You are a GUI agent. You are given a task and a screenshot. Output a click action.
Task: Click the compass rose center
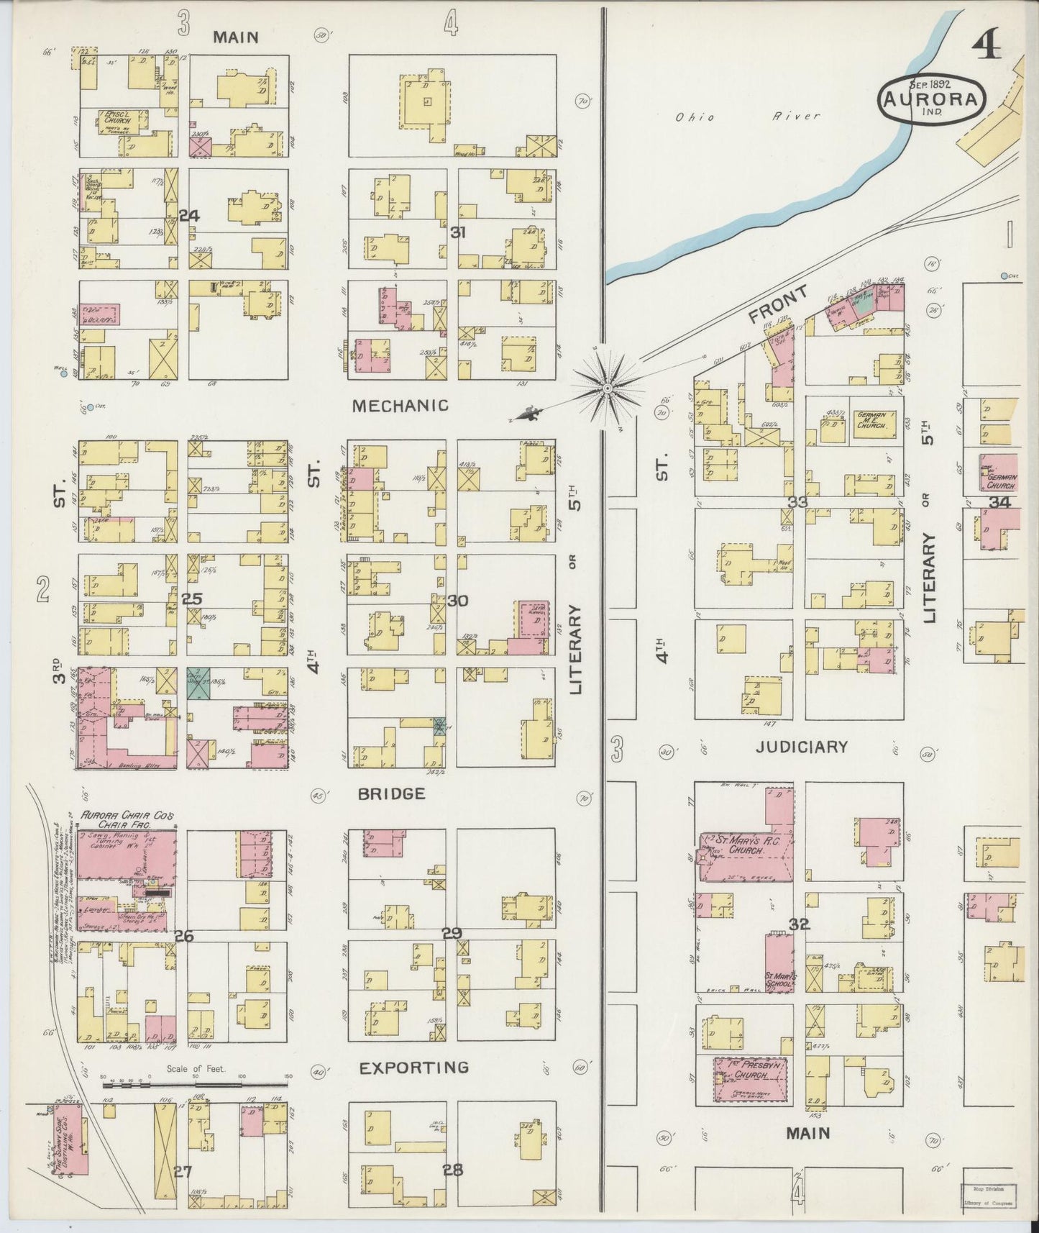coord(608,388)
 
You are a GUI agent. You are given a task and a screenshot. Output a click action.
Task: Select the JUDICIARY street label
coord(801,747)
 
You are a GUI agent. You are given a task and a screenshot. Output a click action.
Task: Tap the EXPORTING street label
coord(414,1068)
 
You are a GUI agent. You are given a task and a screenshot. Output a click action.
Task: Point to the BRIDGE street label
coord(392,793)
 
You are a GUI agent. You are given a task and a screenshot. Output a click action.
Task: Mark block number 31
coord(458,232)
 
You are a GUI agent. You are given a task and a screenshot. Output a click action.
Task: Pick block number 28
coord(452,1170)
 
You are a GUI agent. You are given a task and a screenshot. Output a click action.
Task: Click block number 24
coord(189,215)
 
